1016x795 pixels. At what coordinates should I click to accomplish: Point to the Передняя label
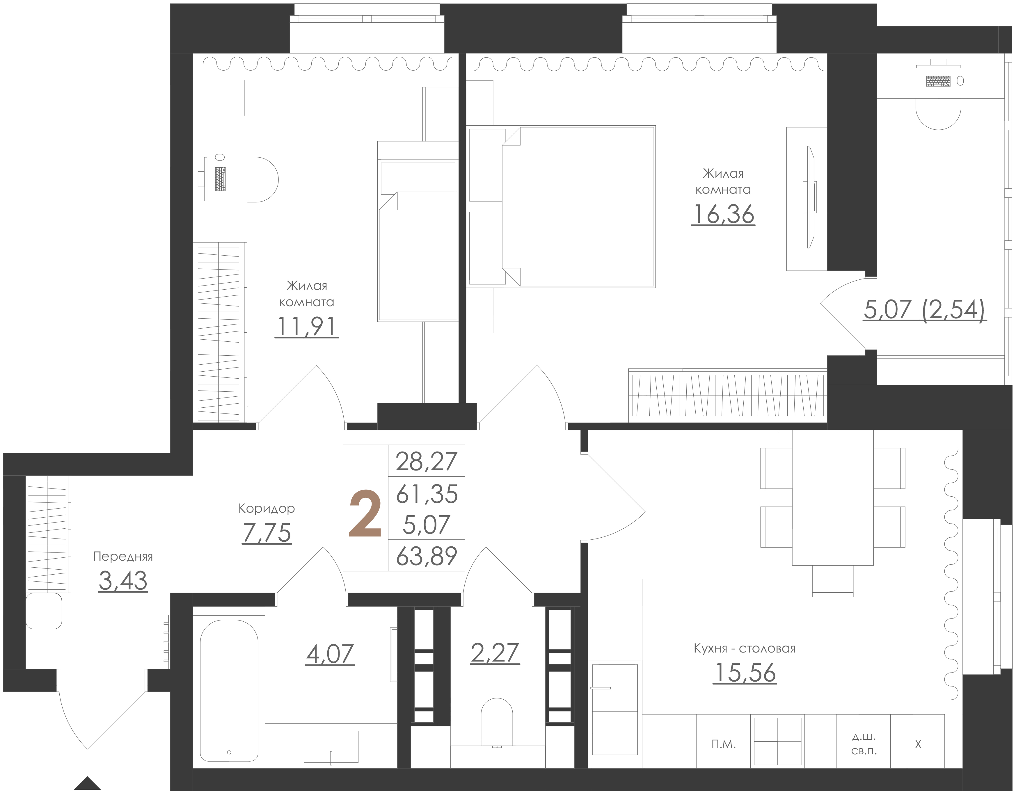click(123, 556)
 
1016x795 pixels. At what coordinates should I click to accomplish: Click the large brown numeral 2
click(365, 514)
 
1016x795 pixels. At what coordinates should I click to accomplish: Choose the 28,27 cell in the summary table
click(427, 461)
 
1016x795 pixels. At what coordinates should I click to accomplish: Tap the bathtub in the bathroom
click(229, 691)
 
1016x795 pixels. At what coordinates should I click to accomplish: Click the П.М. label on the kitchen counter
click(724, 745)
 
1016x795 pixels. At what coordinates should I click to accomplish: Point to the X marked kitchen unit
click(918, 745)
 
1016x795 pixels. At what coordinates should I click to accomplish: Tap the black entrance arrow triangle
click(88, 784)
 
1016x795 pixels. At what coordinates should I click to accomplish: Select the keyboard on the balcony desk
click(938, 81)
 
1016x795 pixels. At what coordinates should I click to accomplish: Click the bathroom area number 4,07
click(330, 654)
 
